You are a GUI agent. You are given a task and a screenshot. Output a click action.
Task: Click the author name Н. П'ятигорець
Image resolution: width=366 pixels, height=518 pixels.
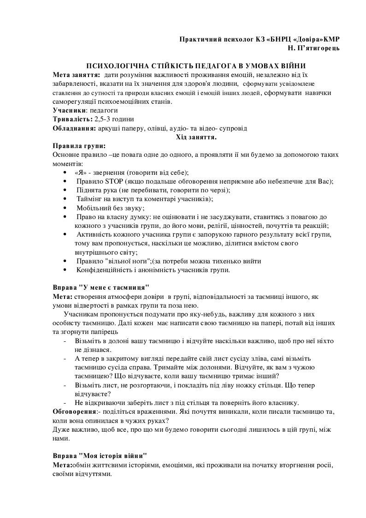click(x=313, y=48)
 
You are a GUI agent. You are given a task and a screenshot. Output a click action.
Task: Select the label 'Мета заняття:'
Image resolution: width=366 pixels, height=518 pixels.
click(x=77, y=75)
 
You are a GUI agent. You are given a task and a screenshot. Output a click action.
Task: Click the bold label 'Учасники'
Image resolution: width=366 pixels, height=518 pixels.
click(x=69, y=111)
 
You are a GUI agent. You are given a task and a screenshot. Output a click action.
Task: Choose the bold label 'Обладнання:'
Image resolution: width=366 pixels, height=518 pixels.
click(x=74, y=128)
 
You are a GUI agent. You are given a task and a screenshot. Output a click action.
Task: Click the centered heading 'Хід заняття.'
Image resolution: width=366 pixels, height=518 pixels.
click(x=196, y=137)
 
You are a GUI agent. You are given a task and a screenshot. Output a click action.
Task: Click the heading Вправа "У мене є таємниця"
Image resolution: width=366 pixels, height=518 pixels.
click(x=101, y=287)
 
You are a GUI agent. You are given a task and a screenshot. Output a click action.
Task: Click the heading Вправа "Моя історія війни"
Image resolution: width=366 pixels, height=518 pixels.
click(x=100, y=455)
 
